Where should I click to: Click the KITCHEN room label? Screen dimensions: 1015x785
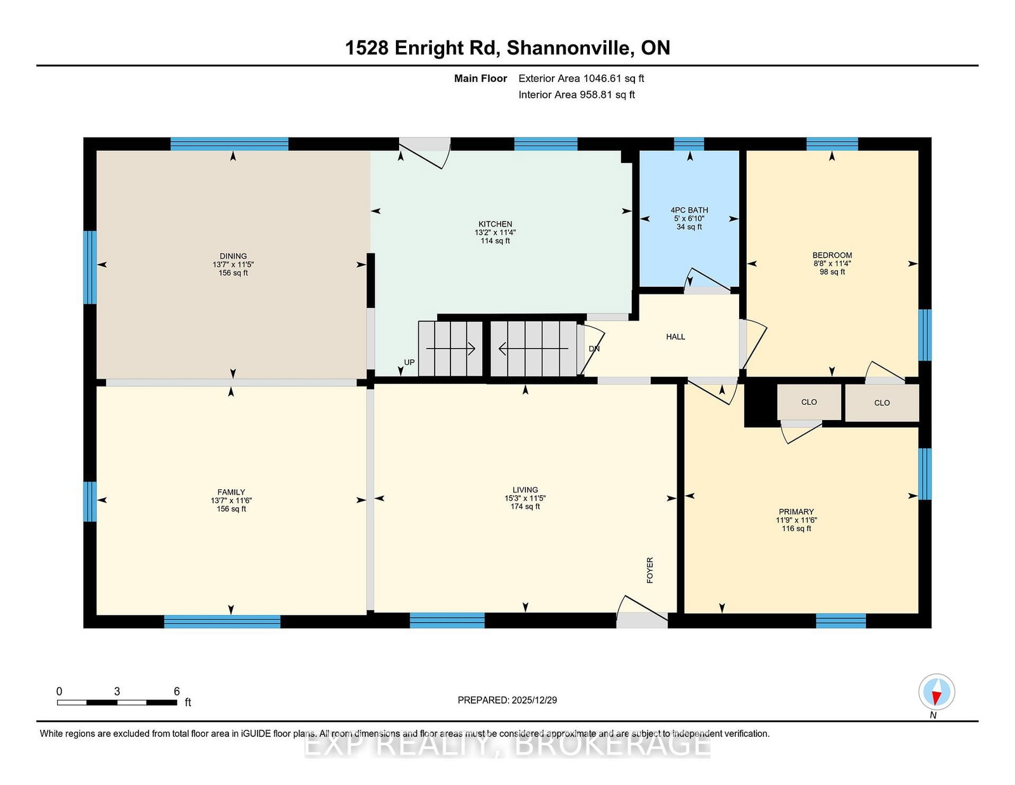(x=495, y=224)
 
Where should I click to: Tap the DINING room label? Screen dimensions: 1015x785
(x=233, y=256)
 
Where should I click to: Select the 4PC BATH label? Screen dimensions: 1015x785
(x=689, y=210)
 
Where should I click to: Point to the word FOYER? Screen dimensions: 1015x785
(x=650, y=570)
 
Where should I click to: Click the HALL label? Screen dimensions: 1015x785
(x=676, y=336)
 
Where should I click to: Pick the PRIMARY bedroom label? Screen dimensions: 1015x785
(x=796, y=511)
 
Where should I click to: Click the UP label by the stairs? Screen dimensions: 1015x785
(x=409, y=362)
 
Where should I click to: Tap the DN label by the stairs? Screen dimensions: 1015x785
(x=594, y=348)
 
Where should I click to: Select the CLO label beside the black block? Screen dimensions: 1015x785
(x=809, y=402)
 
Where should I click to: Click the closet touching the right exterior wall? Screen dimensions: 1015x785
(x=882, y=403)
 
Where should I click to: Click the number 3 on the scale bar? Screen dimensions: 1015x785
(x=117, y=691)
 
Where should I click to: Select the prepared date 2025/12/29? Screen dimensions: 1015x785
(x=534, y=700)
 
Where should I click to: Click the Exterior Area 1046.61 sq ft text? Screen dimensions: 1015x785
(x=581, y=79)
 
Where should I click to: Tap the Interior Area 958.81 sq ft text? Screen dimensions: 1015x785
(x=577, y=95)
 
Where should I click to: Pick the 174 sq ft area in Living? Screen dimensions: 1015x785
(x=525, y=506)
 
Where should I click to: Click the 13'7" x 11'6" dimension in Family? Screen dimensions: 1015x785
(x=231, y=501)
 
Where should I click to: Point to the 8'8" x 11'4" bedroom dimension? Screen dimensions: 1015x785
(x=832, y=263)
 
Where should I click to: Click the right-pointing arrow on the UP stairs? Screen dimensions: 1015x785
(x=451, y=348)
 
